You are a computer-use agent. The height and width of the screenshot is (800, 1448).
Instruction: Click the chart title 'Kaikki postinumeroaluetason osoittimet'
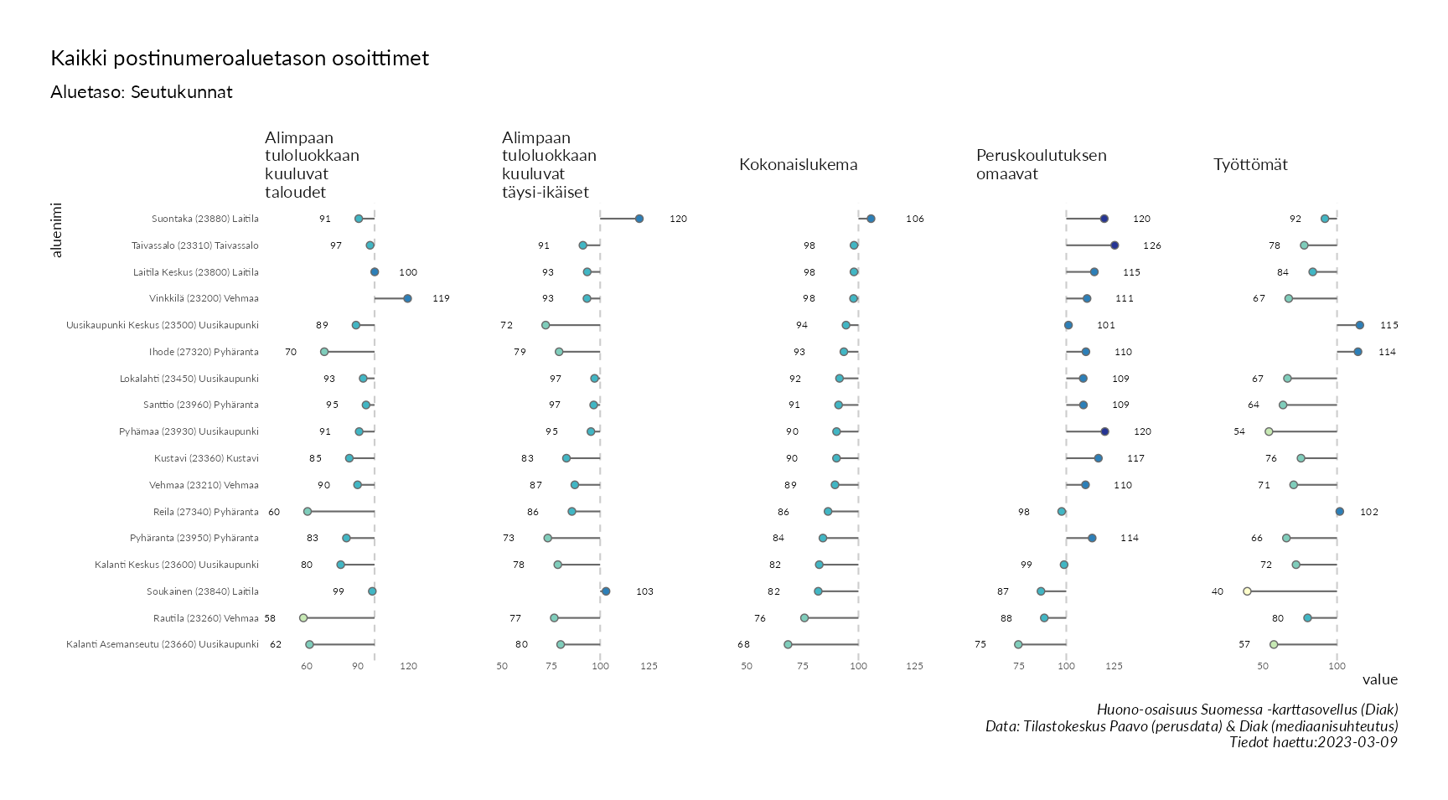click(240, 59)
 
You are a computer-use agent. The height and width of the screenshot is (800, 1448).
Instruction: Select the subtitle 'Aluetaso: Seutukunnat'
click(142, 92)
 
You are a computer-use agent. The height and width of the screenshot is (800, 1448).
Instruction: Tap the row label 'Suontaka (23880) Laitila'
click(205, 219)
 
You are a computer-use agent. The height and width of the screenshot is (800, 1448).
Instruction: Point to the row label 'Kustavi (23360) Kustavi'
click(206, 458)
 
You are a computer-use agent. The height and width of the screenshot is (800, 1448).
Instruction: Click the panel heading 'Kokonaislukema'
click(798, 165)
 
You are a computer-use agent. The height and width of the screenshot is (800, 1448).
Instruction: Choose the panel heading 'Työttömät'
click(1250, 165)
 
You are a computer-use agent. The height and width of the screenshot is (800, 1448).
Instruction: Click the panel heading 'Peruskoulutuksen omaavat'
click(1041, 165)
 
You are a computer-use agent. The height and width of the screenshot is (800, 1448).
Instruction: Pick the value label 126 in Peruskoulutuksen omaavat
click(1152, 245)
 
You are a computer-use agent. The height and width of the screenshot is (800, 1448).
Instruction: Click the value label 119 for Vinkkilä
click(441, 298)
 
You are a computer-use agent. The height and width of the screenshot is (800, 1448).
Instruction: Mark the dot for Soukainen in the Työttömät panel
click(1247, 591)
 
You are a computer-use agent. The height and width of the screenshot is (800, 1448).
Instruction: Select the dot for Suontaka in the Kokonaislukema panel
click(871, 219)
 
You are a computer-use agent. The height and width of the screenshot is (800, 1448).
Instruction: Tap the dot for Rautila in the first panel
click(303, 618)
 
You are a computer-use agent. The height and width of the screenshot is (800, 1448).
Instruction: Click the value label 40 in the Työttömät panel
click(1218, 591)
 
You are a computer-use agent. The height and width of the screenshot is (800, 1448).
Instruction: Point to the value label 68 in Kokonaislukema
click(743, 645)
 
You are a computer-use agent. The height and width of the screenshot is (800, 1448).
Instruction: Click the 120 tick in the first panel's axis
click(408, 666)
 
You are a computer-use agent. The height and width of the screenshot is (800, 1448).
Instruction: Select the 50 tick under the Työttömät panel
click(1263, 666)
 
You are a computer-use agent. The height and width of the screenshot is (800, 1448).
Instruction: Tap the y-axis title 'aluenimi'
click(57, 230)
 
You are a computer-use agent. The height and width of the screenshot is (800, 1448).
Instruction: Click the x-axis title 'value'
click(1379, 679)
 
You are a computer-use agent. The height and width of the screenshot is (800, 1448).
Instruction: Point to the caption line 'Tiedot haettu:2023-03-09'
click(1313, 742)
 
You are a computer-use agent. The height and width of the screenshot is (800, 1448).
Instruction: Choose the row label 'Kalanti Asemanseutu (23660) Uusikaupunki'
click(163, 645)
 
